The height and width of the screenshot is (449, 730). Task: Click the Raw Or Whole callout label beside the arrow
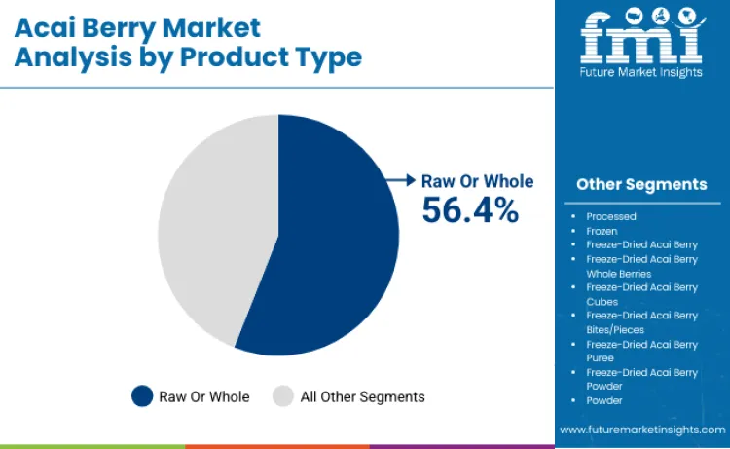click(477, 180)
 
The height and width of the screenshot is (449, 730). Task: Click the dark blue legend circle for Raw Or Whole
click(142, 396)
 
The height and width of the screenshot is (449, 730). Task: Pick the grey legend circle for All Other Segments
click(283, 396)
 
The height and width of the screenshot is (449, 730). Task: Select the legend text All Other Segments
click(363, 396)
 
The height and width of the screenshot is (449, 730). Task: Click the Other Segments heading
click(641, 184)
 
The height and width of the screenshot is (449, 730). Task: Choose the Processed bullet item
click(611, 216)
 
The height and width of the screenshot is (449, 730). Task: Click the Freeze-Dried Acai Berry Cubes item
click(641, 294)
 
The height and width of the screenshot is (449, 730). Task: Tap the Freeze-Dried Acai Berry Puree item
click(641, 351)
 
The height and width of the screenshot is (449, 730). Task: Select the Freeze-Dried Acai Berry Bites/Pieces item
click(641, 322)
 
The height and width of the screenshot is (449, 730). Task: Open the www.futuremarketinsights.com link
click(641, 430)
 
